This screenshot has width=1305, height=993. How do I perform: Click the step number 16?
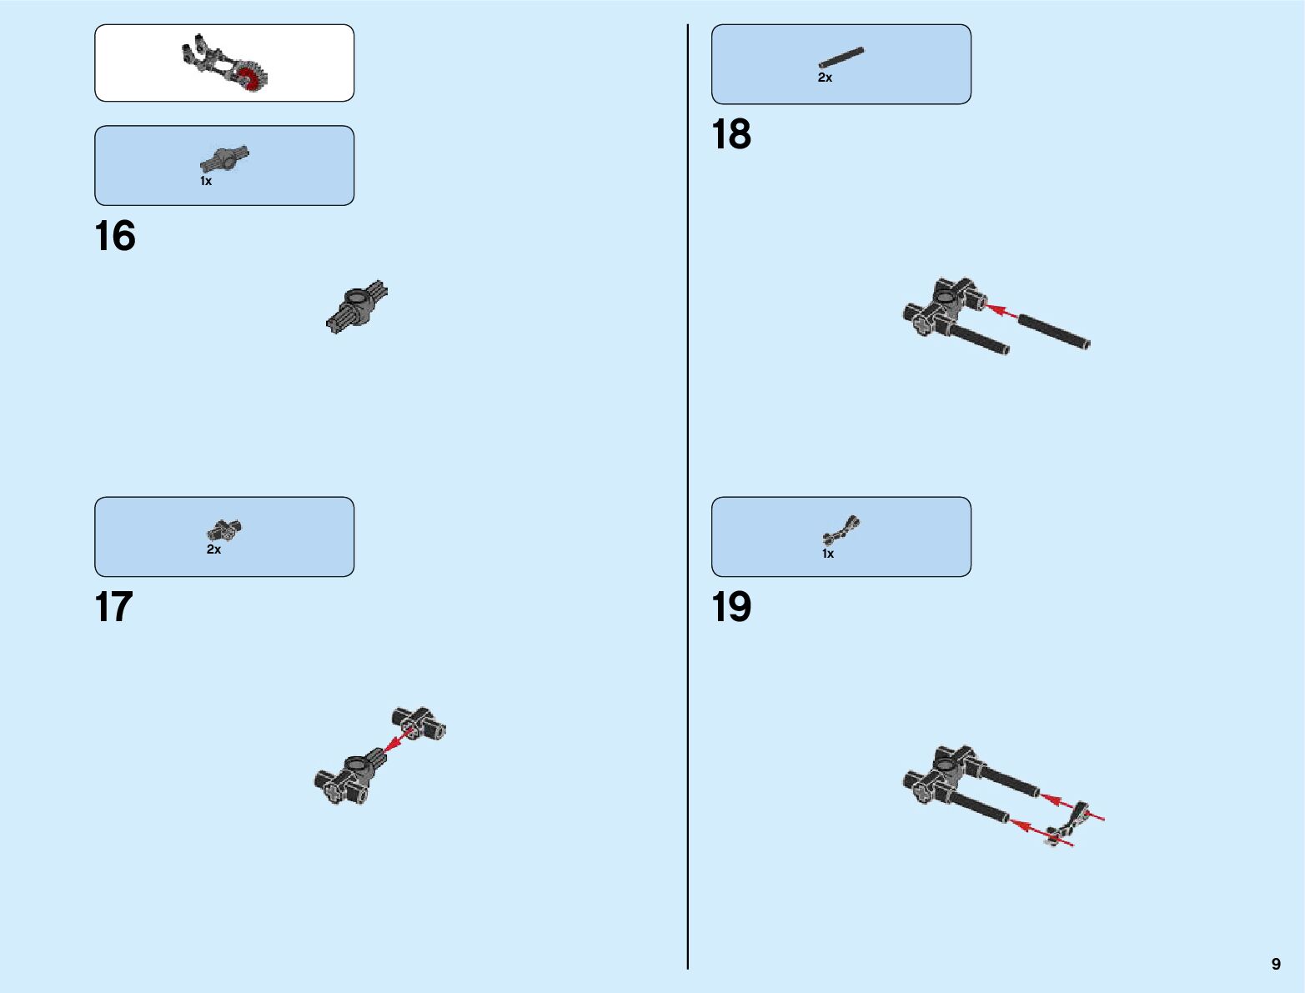click(115, 236)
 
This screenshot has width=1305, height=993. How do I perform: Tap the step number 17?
click(114, 607)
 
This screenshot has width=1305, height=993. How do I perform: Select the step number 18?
click(731, 134)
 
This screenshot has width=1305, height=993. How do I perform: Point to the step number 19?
click(731, 607)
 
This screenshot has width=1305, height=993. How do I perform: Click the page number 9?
click(1276, 964)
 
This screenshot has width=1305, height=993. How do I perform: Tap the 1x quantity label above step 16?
click(206, 181)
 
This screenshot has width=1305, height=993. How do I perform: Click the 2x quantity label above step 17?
click(213, 549)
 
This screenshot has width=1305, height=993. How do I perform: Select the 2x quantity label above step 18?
click(825, 78)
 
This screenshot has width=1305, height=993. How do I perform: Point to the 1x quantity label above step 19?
click(828, 554)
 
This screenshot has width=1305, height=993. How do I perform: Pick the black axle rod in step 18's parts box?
click(841, 57)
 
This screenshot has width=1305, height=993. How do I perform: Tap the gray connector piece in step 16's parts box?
click(224, 158)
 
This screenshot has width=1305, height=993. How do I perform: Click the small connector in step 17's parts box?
click(224, 529)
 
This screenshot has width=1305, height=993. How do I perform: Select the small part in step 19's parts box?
click(841, 530)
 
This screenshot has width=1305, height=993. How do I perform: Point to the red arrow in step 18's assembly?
click(1001, 311)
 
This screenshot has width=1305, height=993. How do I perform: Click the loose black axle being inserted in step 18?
click(1053, 330)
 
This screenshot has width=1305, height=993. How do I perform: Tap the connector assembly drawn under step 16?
click(357, 307)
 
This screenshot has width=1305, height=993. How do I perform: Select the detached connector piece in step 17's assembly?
click(419, 723)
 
